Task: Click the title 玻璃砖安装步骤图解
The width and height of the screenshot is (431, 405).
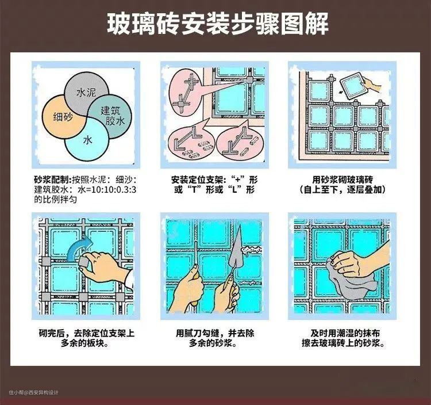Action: [218, 24]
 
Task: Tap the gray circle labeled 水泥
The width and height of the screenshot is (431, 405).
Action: [86, 87]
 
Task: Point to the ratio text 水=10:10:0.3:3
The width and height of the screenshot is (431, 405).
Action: [107, 190]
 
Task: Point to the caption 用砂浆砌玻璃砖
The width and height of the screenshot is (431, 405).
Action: [343, 180]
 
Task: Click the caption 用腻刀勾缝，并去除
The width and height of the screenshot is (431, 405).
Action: [215, 334]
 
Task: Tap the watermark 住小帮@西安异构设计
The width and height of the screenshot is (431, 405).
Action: [33, 392]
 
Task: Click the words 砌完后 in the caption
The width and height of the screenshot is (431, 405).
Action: [52, 334]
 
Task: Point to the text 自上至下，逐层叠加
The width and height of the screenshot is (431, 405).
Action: [343, 190]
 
